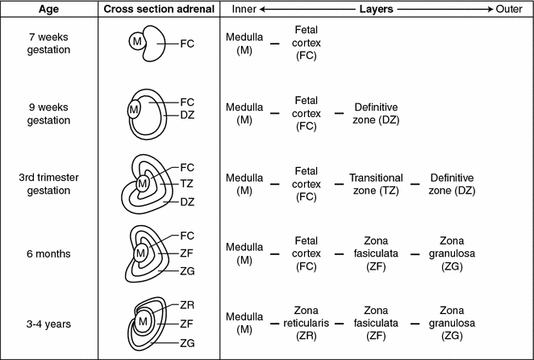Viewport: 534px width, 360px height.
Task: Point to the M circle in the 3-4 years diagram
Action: click(142, 322)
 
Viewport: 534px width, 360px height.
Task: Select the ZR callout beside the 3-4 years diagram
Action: click(187, 306)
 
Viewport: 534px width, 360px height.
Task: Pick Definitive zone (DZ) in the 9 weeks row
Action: click(375, 113)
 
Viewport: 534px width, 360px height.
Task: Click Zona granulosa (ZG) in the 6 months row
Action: click(452, 253)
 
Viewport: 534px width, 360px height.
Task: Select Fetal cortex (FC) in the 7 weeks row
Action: click(307, 44)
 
